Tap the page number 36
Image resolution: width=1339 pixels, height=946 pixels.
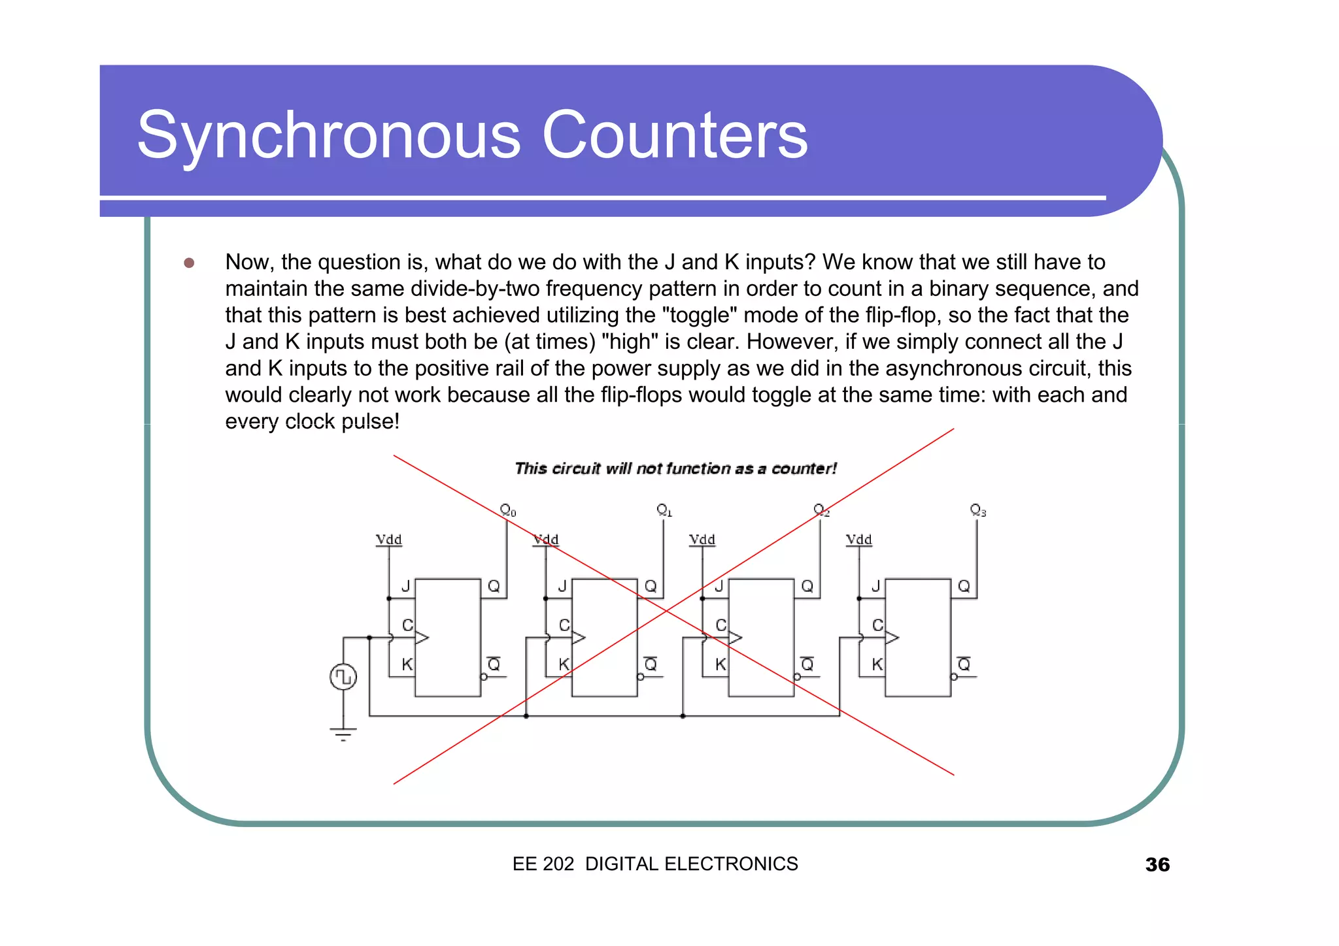point(1157,864)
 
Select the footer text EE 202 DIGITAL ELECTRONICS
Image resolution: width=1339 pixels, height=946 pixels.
point(655,864)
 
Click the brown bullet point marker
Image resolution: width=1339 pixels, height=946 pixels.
point(189,263)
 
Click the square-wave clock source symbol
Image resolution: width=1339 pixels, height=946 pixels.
point(343,677)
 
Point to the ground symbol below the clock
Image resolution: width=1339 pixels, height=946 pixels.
point(343,733)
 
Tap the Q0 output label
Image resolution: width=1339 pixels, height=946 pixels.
point(508,510)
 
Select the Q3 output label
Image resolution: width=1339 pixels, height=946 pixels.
point(978,510)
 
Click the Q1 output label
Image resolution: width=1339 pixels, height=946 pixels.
point(664,510)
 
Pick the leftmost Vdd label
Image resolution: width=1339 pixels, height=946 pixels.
point(388,540)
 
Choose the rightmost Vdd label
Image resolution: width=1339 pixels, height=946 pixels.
point(858,540)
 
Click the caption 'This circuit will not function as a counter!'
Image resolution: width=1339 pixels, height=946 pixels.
point(675,468)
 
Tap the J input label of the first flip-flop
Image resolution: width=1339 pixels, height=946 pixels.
point(405,586)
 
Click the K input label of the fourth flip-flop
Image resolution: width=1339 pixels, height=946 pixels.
point(877,664)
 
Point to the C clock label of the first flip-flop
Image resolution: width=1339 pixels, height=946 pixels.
point(407,625)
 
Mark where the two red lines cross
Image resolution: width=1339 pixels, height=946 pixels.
point(666,610)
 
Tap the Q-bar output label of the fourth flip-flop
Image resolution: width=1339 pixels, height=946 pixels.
point(964,664)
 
